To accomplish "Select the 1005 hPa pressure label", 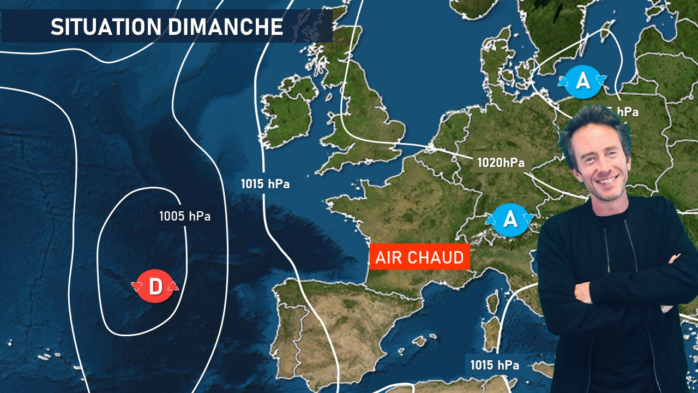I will pyautogui.click(x=184, y=216).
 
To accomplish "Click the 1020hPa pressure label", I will pyautogui.click(x=501, y=162).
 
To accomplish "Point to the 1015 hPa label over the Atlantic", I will pyautogui.click(x=265, y=184).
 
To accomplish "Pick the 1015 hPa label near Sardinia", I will pyautogui.click(x=495, y=365).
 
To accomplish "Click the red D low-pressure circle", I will pyautogui.click(x=155, y=287).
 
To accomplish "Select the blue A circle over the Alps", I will pyautogui.click(x=509, y=219).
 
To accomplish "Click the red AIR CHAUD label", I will pyautogui.click(x=419, y=257).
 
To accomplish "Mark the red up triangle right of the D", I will pyautogui.click(x=173, y=286).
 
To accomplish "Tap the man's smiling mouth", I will pyautogui.click(x=606, y=179).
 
